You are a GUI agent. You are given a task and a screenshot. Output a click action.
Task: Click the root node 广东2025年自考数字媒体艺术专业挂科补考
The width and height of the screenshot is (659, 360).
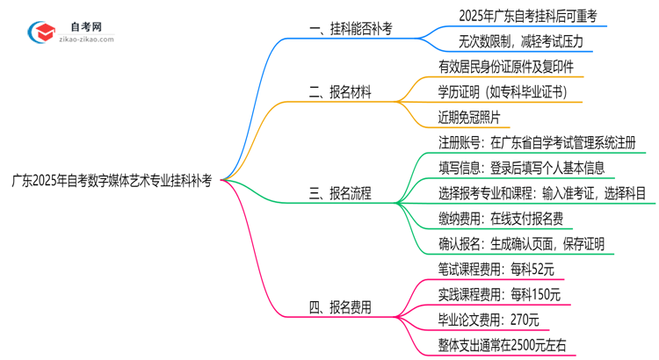(x=111, y=180)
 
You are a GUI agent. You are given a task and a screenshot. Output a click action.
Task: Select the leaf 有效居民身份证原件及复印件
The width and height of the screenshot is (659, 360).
(x=507, y=67)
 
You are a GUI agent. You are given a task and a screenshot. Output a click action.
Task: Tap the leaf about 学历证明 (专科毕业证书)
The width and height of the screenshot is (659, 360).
(x=502, y=91)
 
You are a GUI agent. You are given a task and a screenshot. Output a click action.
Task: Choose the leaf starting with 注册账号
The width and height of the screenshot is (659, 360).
(x=537, y=142)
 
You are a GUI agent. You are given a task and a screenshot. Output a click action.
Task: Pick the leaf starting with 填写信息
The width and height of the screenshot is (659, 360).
(x=520, y=168)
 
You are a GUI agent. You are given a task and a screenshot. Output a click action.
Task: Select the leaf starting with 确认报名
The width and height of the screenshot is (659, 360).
(x=520, y=243)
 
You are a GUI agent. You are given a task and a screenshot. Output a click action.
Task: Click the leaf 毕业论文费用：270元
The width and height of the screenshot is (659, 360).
(x=489, y=320)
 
